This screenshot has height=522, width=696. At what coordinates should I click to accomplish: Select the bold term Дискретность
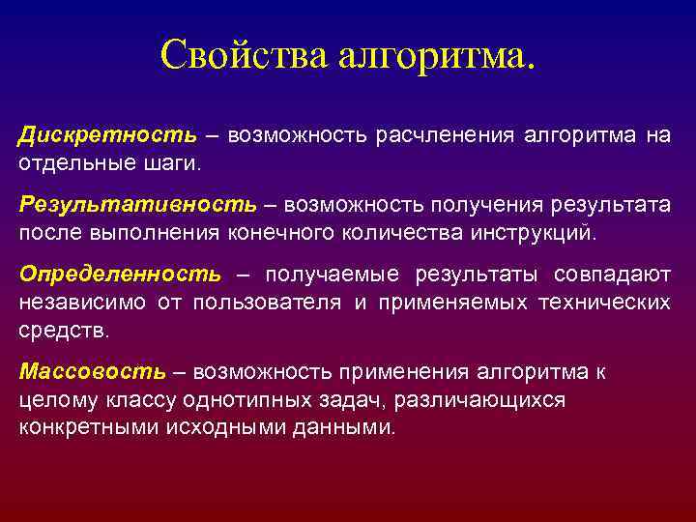point(107,135)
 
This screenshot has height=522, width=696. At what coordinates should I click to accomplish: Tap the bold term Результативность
point(138,205)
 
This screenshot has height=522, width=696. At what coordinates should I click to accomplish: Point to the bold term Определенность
point(119,275)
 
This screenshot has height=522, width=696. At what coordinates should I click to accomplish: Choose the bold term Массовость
point(92,372)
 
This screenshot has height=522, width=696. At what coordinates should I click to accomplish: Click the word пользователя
point(267,303)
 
